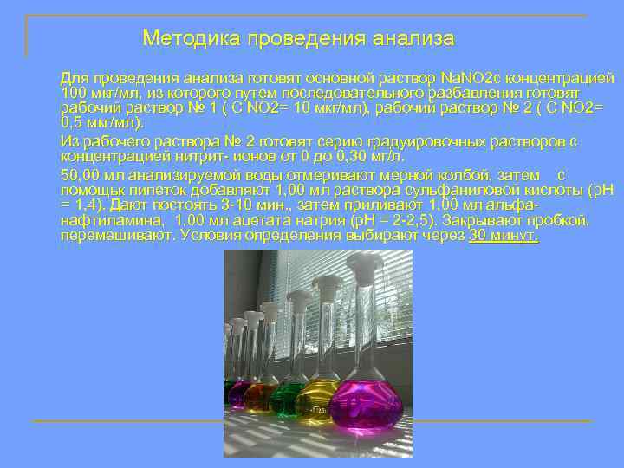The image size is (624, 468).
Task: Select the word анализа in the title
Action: tap(413, 39)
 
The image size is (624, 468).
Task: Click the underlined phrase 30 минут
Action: tap(504, 236)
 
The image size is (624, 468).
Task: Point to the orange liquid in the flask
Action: tap(258, 398)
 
